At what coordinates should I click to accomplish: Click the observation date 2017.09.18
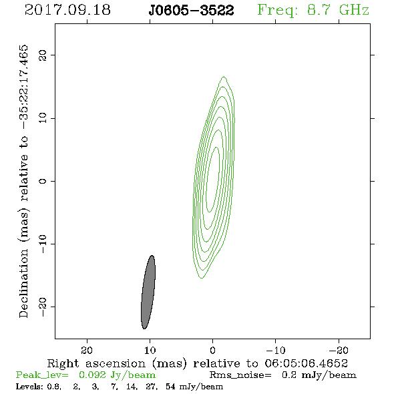click(67, 10)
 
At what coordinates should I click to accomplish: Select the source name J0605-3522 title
click(191, 11)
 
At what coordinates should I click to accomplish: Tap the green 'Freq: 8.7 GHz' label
click(313, 10)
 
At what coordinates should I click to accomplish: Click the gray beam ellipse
click(148, 292)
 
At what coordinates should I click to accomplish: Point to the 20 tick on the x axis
click(87, 350)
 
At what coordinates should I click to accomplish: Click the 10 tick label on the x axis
click(150, 350)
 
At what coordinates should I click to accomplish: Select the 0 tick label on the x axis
click(212, 350)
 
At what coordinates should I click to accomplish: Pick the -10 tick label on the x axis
click(276, 350)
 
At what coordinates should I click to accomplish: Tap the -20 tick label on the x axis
click(339, 350)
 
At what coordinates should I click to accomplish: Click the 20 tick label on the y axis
click(43, 55)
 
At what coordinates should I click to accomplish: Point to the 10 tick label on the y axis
click(43, 118)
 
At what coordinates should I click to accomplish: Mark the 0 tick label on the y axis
click(43, 181)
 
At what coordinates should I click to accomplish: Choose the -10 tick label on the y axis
click(43, 244)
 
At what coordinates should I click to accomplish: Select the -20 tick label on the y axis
click(43, 307)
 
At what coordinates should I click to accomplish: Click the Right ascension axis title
click(198, 363)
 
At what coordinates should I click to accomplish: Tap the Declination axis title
click(23, 181)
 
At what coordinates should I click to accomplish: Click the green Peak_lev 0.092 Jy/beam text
click(85, 375)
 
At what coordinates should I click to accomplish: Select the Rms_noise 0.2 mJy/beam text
click(283, 375)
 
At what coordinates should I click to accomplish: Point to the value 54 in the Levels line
click(170, 386)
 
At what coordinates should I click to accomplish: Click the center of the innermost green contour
click(212, 180)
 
